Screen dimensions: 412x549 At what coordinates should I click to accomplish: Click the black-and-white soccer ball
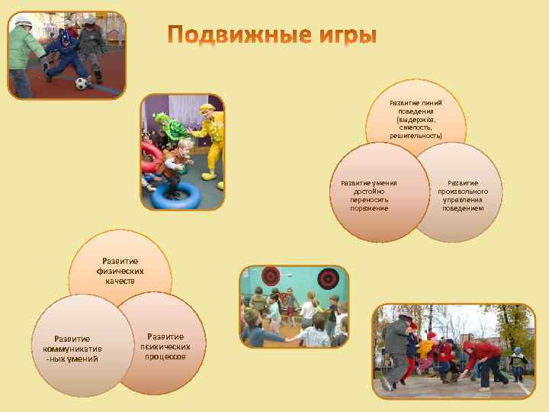coord(82,82)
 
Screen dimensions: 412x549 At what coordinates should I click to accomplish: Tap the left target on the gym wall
coord(271,275)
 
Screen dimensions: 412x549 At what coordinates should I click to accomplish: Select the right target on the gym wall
coord(329,278)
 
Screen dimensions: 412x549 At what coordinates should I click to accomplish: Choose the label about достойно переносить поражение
coord(369,195)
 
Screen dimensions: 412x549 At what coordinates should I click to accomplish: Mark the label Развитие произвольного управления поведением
coord(463,195)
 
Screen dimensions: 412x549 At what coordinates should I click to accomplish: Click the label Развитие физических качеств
coord(120,271)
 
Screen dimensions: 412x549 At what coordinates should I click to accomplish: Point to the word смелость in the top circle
coord(416,127)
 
